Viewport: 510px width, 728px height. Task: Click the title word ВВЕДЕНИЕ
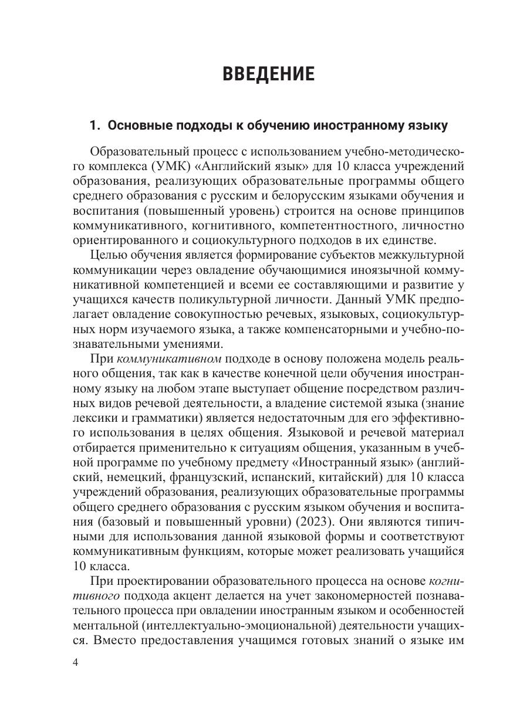point(268,75)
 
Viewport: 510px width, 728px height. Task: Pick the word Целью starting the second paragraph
point(107,255)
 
